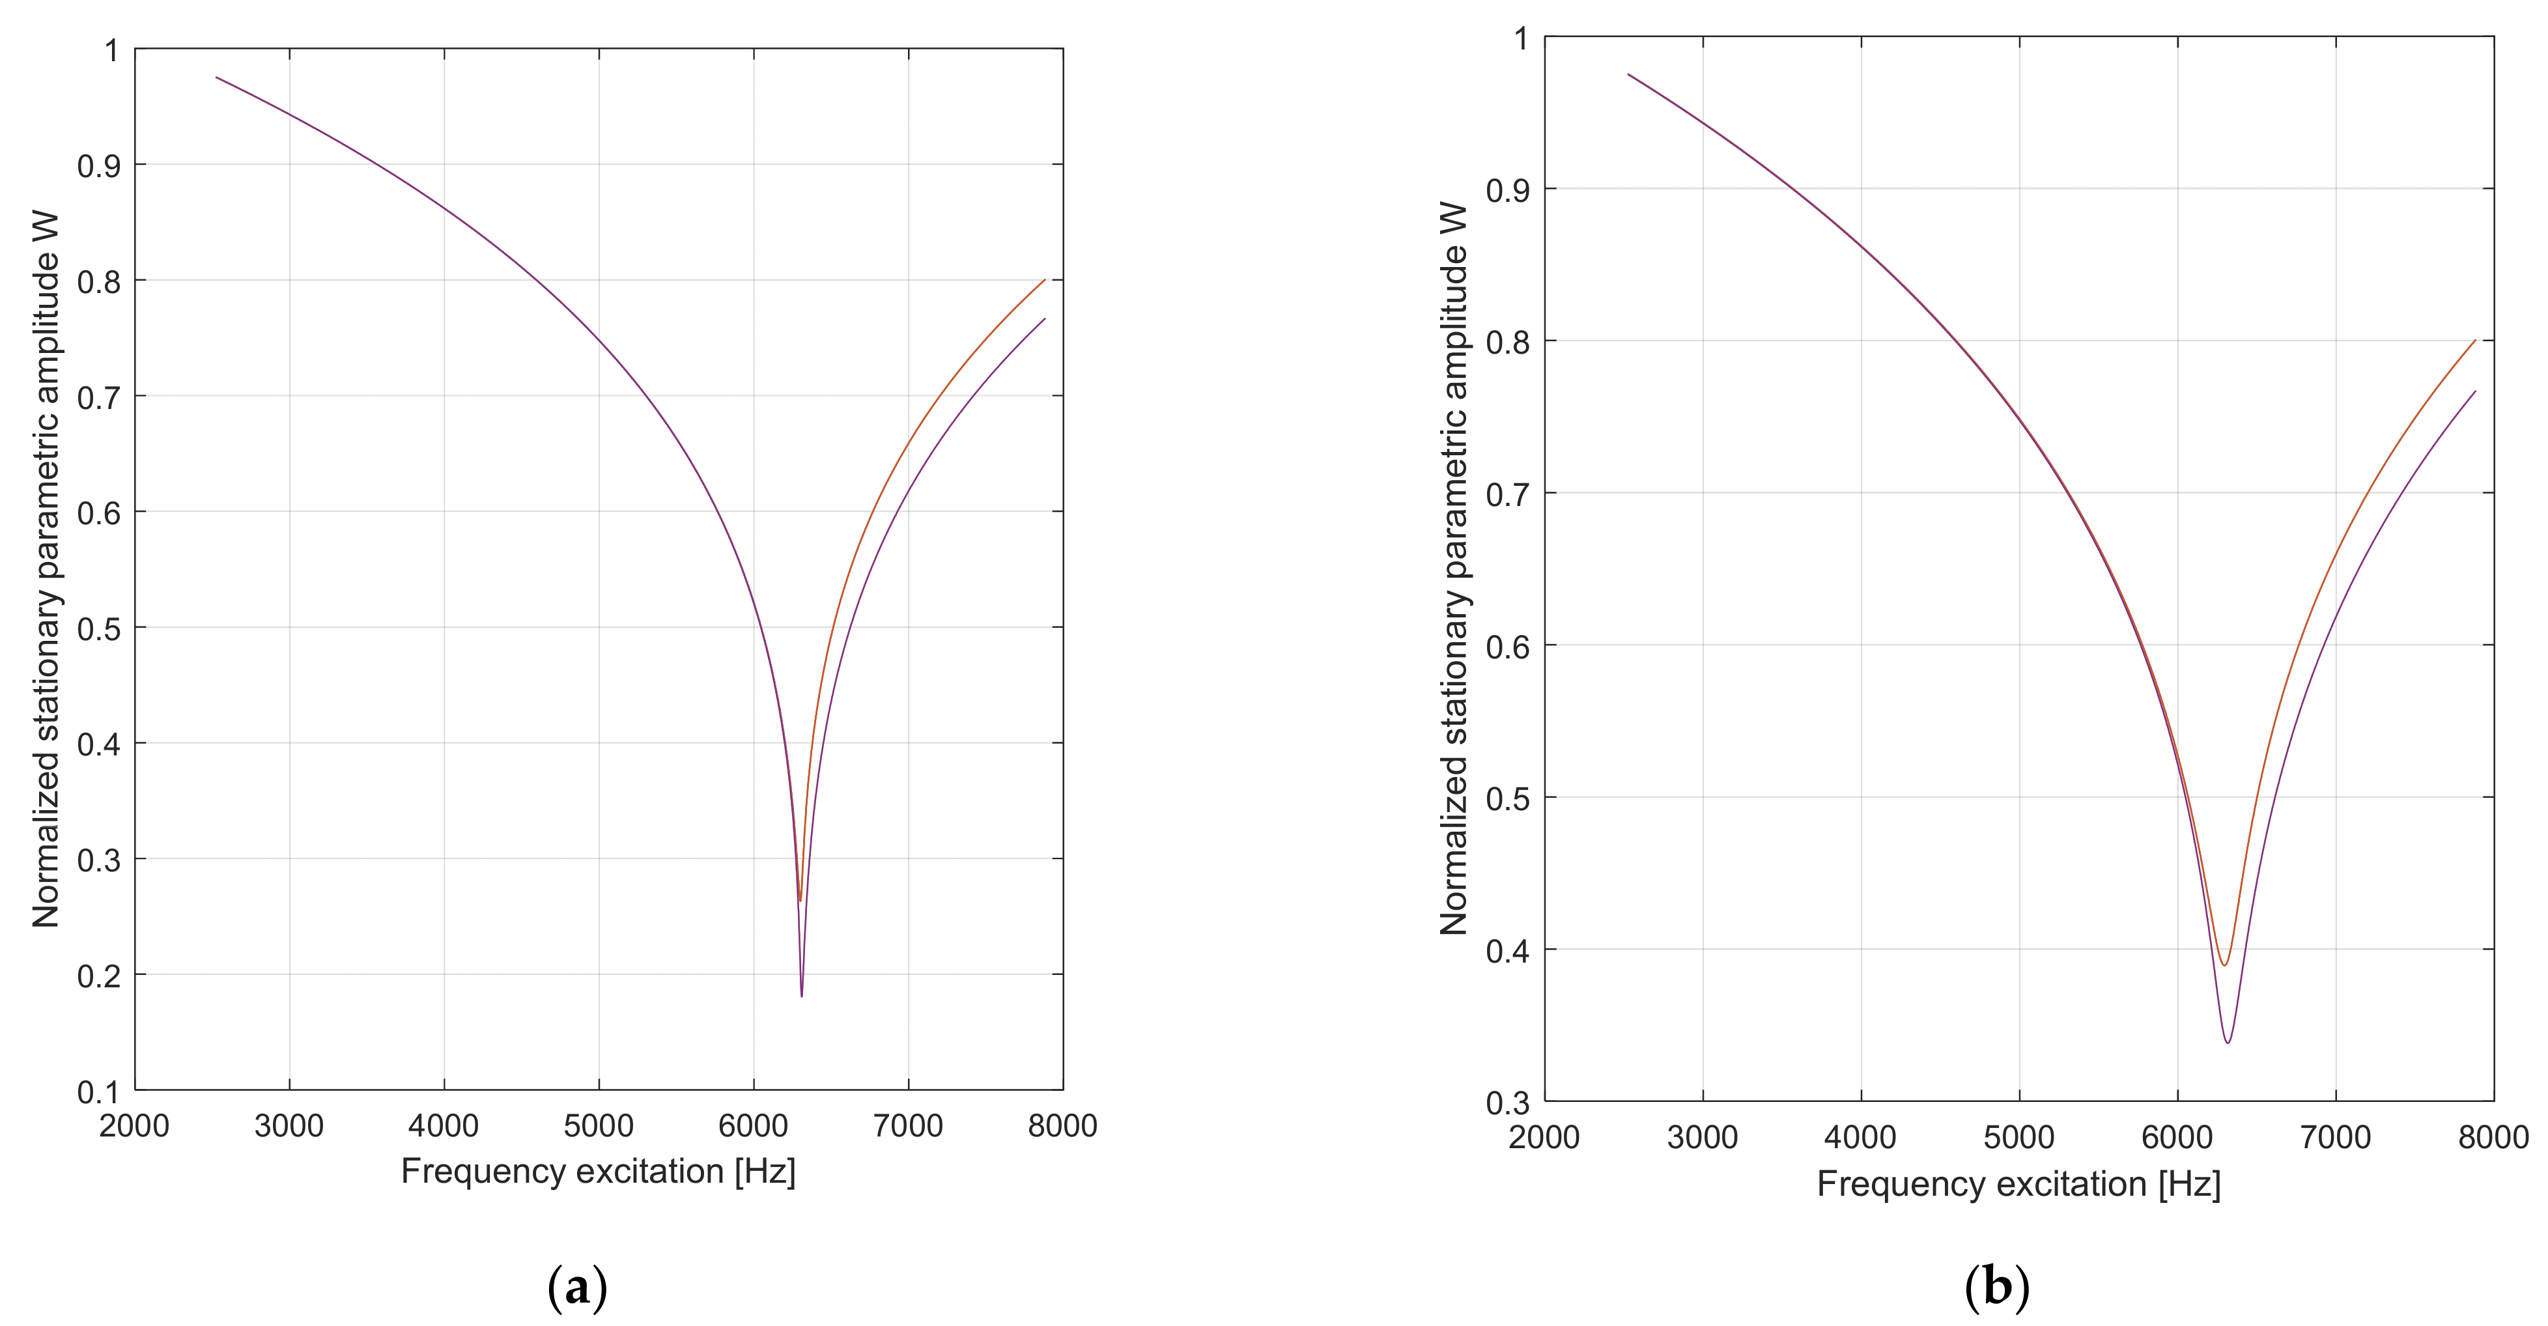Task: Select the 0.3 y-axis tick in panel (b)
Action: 1507,1103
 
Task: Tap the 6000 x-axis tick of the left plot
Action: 753,1126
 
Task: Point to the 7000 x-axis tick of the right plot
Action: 2334,1137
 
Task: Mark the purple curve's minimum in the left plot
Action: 801,995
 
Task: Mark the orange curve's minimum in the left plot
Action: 799,900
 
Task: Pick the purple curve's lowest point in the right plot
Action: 2228,1042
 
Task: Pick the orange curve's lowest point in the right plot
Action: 2224,965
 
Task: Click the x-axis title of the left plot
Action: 597,1172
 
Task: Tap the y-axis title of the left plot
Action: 46,569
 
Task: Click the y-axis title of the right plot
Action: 1453,569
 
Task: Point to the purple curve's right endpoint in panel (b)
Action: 2475,391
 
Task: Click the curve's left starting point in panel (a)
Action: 217,77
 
